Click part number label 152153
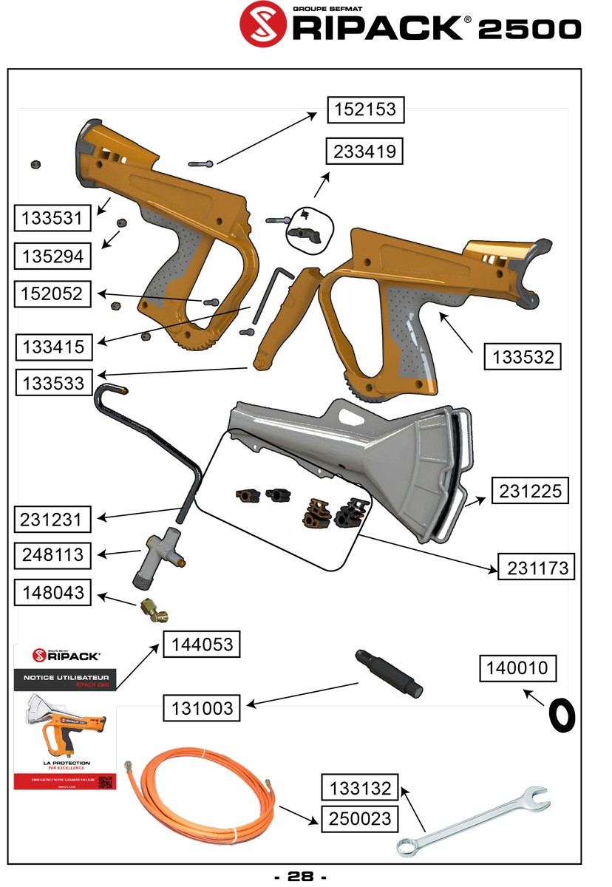[365, 110]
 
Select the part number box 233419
[365, 152]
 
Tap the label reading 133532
[522, 357]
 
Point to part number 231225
[530, 490]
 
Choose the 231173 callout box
[537, 568]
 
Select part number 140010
[517, 668]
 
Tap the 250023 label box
[360, 818]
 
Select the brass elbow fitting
[154, 611]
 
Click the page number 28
[301, 877]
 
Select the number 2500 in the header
[529, 30]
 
